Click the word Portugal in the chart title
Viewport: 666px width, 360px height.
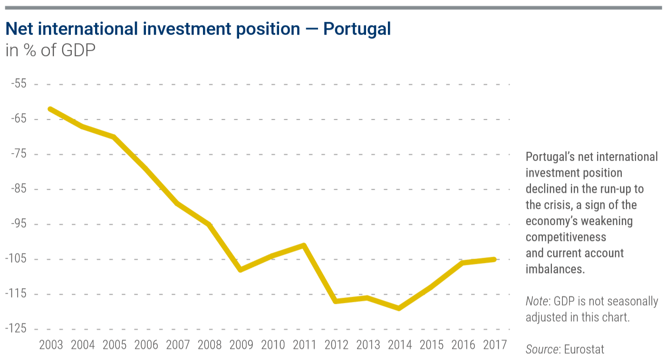[357, 29]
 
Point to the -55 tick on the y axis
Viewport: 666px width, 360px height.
[19, 84]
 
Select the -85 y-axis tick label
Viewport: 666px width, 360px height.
[19, 189]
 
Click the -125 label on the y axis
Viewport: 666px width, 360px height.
[16, 329]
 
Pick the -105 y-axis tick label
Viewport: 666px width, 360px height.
[16, 259]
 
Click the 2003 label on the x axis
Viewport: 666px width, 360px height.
[51, 344]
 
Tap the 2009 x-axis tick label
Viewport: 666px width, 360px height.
[241, 344]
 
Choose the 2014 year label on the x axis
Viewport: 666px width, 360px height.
[399, 344]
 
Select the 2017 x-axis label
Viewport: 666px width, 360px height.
[494, 344]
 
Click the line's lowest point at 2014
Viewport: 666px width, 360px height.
[399, 309]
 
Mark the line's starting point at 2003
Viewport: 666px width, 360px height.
[50, 109]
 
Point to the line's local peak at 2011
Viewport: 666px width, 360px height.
[304, 245]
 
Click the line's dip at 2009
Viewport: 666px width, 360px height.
[241, 270]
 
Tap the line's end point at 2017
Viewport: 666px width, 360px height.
[494, 259]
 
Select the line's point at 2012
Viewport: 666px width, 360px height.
[336, 301]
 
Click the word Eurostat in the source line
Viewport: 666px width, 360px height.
[584, 350]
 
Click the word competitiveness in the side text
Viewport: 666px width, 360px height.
[566, 237]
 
